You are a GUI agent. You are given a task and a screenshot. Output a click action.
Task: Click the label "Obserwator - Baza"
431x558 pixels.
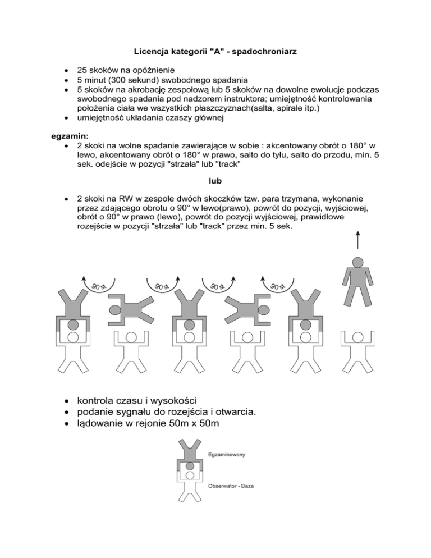pyautogui.click(x=231, y=486)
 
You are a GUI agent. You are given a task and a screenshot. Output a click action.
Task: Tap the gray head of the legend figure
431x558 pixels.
pyautogui.click(x=190, y=465)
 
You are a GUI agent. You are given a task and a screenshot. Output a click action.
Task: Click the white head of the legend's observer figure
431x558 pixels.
pyautogui.click(x=190, y=475)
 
